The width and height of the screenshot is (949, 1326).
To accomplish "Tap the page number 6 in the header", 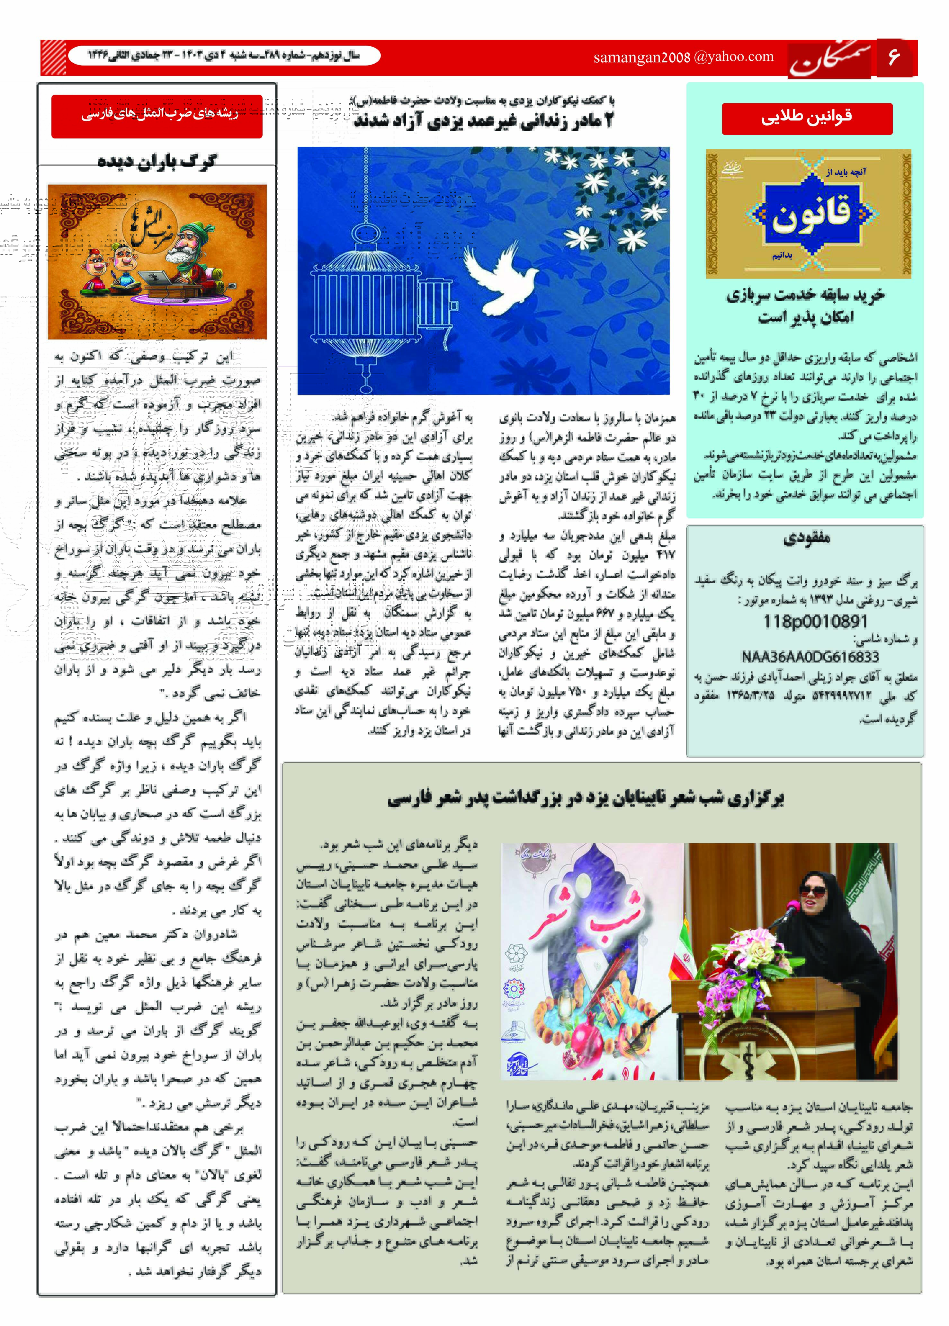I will (893, 57).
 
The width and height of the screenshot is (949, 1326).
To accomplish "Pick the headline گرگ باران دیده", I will (157, 161).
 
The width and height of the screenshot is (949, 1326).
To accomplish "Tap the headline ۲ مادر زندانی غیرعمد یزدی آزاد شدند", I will (484, 121).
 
